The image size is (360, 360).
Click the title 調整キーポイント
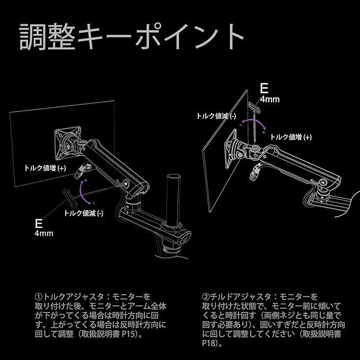pyautogui.click(x=133, y=37)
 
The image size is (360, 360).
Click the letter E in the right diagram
pyautogui.click(x=265, y=89)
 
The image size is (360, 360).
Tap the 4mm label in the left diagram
pyautogui.click(x=43, y=233)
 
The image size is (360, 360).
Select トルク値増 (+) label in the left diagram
pyautogui.click(x=45, y=168)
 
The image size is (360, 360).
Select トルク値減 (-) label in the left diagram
pyautogui.click(x=84, y=213)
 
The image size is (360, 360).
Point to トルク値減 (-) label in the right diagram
pyautogui.click(x=216, y=116)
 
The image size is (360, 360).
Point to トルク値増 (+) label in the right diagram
pyautogui.click(x=291, y=136)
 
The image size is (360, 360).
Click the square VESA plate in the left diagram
pyautogui.click(x=68, y=139)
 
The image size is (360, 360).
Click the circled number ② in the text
pyautogui.click(x=206, y=296)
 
